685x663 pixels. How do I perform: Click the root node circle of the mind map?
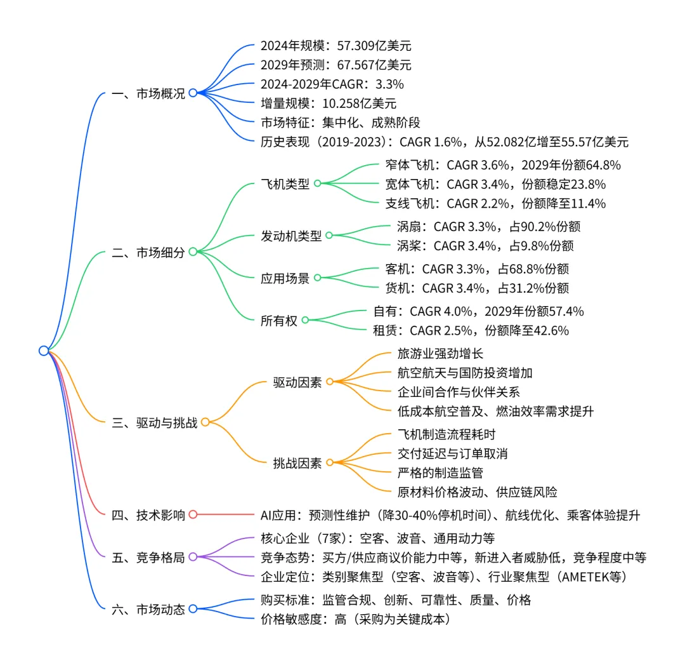(x=43, y=351)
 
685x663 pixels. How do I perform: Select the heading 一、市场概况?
(x=148, y=93)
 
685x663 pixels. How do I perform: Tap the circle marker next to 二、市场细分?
(x=193, y=252)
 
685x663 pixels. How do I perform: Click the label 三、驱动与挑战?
(x=154, y=422)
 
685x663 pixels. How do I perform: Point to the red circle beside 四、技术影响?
(x=193, y=514)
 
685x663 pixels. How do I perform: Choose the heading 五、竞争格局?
(x=148, y=558)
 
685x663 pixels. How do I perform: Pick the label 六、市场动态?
(x=148, y=609)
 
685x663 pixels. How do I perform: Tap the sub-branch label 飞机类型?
(x=285, y=184)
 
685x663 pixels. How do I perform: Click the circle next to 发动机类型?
(x=329, y=236)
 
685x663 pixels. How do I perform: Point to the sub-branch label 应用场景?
(x=285, y=278)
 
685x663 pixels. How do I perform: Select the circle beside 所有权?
(x=304, y=321)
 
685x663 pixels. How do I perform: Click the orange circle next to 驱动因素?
(x=329, y=382)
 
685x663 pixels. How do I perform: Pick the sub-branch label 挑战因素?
(x=297, y=463)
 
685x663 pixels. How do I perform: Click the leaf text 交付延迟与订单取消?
(x=452, y=453)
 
